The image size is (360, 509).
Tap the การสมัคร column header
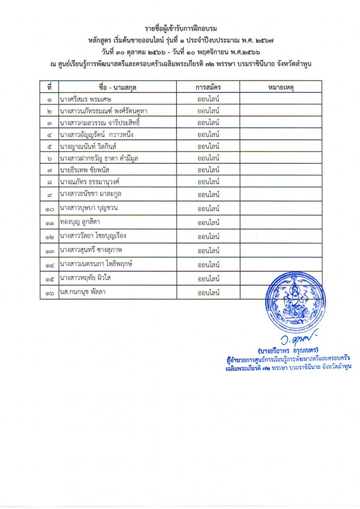coord(208,86)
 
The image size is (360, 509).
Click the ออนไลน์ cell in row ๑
coord(208,99)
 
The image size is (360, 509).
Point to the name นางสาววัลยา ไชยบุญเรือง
coord(93,235)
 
